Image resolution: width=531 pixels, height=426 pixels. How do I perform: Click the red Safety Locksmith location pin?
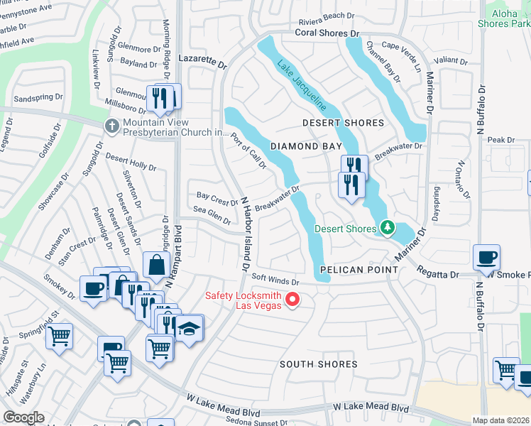tap(291, 300)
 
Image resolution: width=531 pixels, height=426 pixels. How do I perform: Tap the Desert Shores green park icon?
tap(387, 228)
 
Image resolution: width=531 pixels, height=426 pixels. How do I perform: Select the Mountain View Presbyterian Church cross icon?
tap(111, 126)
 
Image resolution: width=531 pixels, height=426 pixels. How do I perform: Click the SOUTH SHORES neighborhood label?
tap(318, 364)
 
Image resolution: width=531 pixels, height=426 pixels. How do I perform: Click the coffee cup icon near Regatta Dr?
tap(487, 257)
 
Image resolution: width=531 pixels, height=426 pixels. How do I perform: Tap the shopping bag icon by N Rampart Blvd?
tap(155, 266)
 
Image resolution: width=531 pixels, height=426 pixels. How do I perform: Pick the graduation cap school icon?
tap(190, 328)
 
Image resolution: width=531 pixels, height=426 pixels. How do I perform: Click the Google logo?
tap(23, 417)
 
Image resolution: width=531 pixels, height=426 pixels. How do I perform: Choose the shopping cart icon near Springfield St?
tap(60, 335)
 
